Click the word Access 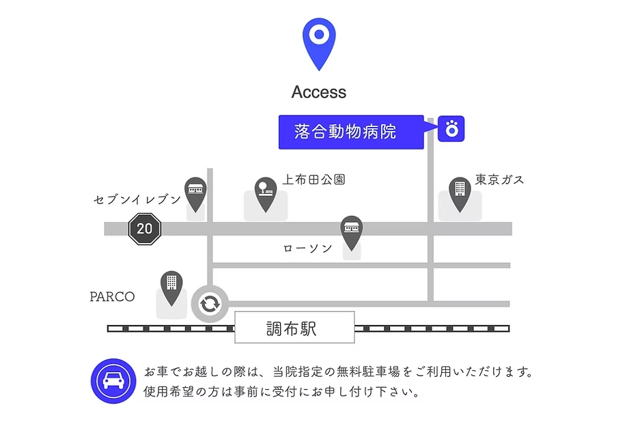318,92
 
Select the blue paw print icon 451,128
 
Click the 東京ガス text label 500,180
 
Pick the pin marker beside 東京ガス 459,192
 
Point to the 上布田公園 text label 313,180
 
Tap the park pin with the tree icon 265,193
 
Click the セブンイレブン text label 137,199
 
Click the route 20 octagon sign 145,229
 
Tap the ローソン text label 308,249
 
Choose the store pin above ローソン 351,231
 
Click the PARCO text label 112,297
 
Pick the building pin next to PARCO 171,286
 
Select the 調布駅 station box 294,328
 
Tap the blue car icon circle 113,381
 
